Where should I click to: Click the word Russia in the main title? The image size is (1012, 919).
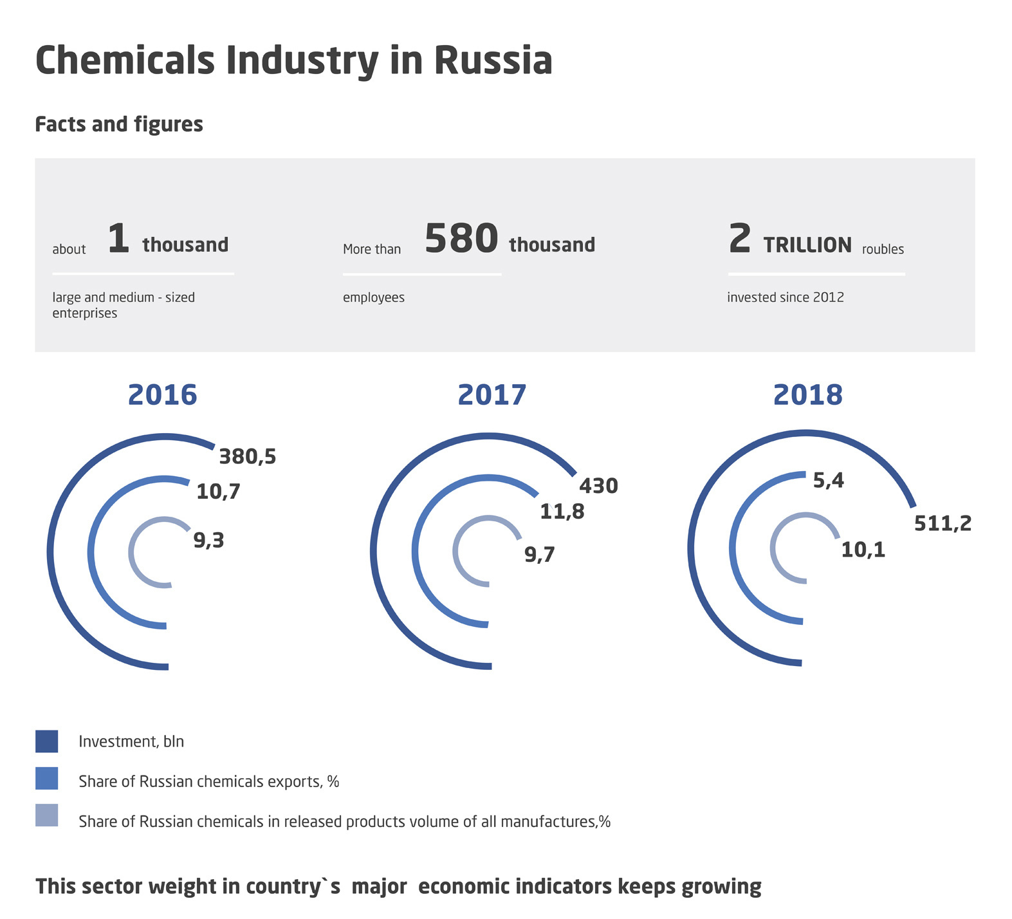pos(493,60)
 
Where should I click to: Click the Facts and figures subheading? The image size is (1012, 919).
pos(119,124)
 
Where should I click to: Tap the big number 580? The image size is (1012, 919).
pos(461,239)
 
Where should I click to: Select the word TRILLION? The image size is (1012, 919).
pos(807,245)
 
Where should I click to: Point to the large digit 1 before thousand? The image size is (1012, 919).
pos(118,239)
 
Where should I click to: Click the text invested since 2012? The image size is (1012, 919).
pos(785,297)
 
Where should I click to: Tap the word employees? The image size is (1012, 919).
pos(373,297)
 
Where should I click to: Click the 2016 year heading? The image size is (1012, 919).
pos(162,395)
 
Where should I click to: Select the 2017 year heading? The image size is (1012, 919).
pos(492,395)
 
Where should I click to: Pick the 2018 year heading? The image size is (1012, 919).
pos(807,395)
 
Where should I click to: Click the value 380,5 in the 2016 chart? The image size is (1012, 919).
pos(247,457)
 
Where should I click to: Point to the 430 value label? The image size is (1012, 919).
pos(598,486)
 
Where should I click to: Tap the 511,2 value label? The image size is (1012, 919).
pos(943,524)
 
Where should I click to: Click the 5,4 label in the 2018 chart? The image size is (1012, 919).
pos(828,481)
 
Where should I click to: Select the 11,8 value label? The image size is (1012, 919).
pos(562,512)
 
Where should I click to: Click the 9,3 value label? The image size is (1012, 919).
pos(208,541)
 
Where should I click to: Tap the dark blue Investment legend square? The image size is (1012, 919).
pos(47,741)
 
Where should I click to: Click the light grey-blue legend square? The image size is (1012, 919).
pos(47,815)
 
